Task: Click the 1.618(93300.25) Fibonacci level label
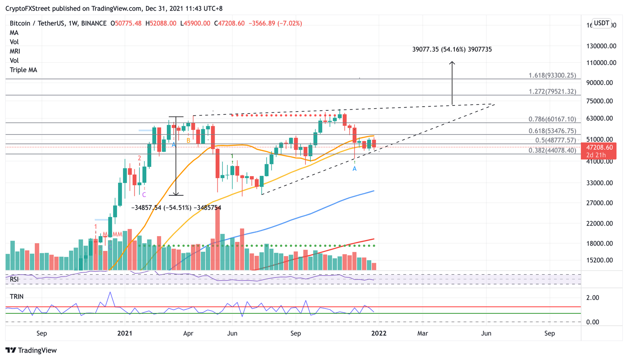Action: pyautogui.click(x=552, y=76)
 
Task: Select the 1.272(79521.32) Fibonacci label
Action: pyautogui.click(x=552, y=92)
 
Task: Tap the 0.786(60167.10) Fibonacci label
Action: pyautogui.click(x=552, y=119)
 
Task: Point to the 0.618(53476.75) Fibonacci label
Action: pyautogui.click(x=552, y=131)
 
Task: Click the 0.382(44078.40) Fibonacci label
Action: pyautogui.click(x=552, y=150)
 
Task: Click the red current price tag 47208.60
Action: pyautogui.click(x=599, y=147)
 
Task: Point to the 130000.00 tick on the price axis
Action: pyautogui.click(x=601, y=46)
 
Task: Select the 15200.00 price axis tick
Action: pyautogui.click(x=600, y=260)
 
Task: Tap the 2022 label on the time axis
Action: pyautogui.click(x=379, y=333)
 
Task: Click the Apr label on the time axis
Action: pyautogui.click(x=188, y=333)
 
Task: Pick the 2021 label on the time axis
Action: pyautogui.click(x=125, y=333)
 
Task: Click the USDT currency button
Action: pyautogui.click(x=601, y=23)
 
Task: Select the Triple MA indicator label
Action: pyautogui.click(x=23, y=70)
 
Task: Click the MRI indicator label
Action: pyautogui.click(x=15, y=51)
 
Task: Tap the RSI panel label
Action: pyautogui.click(x=14, y=280)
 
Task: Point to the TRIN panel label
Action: pyautogui.click(x=17, y=297)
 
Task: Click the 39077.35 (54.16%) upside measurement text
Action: pyautogui.click(x=452, y=49)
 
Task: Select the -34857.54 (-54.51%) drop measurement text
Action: pyautogui.click(x=176, y=208)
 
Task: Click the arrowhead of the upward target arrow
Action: pyautogui.click(x=452, y=63)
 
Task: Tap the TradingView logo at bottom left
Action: pyautogui.click(x=31, y=350)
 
